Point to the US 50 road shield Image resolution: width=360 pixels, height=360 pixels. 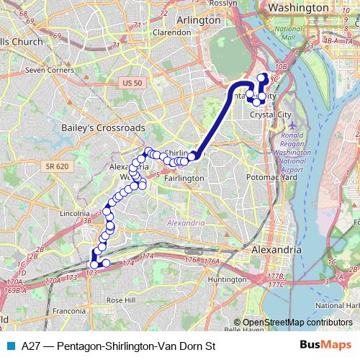coord(132,84)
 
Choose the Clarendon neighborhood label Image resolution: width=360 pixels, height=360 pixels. coord(171,32)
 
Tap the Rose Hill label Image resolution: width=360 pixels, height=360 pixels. coord(120,300)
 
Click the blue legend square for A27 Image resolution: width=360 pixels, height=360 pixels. coord(10,346)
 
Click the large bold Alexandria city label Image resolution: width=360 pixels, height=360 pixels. coord(277,249)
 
